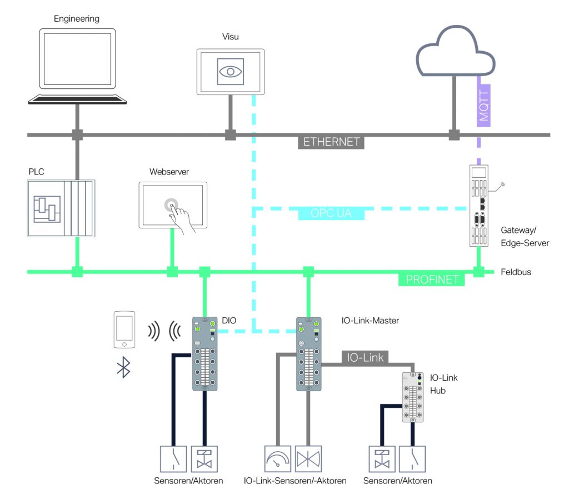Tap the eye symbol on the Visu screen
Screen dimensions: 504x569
click(x=230, y=71)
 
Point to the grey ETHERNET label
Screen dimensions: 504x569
click(x=332, y=141)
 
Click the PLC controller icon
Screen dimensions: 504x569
click(x=61, y=207)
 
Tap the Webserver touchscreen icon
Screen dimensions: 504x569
click(x=172, y=205)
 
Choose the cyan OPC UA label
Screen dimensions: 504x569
click(x=332, y=213)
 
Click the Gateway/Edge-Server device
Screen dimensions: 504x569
click(x=478, y=205)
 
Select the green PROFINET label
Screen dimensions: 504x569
click(x=431, y=280)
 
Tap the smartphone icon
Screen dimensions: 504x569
click(x=124, y=329)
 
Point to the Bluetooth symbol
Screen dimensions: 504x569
click(x=123, y=367)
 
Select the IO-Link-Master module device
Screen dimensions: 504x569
click(x=307, y=354)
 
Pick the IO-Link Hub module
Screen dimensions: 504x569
click(x=413, y=397)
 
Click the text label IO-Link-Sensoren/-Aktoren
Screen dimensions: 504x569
click(x=295, y=480)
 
